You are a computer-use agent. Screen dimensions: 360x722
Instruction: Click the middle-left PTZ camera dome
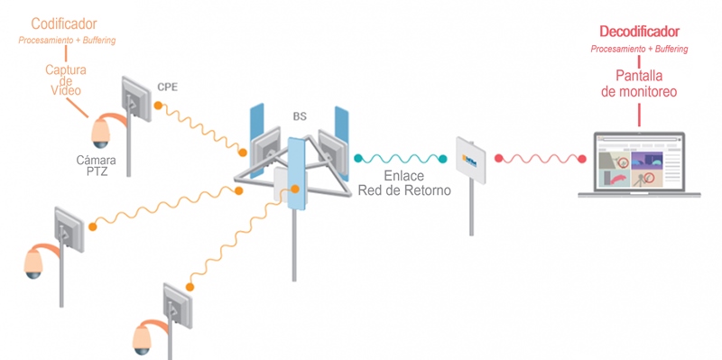click(34, 262)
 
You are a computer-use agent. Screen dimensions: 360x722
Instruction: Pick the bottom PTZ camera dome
click(142, 337)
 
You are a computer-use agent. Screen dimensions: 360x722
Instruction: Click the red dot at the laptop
click(581, 160)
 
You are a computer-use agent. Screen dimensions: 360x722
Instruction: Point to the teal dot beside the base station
click(357, 159)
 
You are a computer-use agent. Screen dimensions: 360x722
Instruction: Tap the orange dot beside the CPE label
click(157, 106)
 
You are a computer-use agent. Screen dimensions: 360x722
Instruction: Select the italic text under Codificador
click(67, 41)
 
